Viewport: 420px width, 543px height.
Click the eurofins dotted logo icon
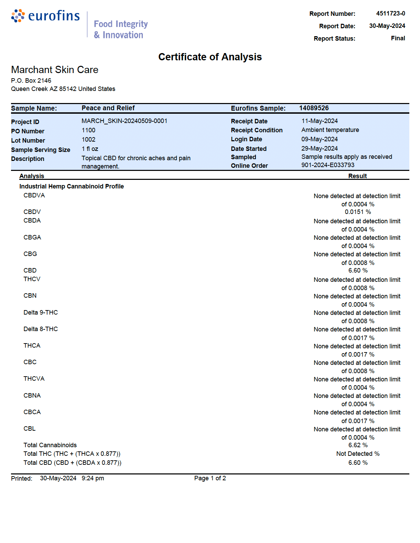(18, 16)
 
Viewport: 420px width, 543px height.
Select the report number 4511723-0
(390, 13)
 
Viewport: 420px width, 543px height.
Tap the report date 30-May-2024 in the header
(387, 26)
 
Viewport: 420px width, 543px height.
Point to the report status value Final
(398, 38)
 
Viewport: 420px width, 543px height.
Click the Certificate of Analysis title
(210, 57)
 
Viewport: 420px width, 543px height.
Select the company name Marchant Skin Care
(55, 70)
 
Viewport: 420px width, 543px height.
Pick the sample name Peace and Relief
(108, 108)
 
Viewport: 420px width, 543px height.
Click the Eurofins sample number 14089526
(314, 108)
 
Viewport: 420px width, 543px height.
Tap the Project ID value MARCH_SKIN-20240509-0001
(124, 121)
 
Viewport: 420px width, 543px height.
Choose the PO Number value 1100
(88, 130)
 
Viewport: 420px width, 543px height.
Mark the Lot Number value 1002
(88, 140)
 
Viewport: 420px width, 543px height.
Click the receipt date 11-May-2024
(319, 121)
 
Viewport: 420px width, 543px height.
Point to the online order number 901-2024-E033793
(328, 165)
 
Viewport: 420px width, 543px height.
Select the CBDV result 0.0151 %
(358, 212)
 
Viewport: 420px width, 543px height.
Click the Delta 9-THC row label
(41, 313)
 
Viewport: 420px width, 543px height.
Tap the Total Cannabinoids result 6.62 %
(358, 445)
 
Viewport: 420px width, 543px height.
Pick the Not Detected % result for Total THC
(358, 454)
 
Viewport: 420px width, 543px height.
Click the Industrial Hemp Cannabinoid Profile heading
(72, 186)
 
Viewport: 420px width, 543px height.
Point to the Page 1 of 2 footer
(210, 478)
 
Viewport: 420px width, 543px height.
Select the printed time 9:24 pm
(93, 478)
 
